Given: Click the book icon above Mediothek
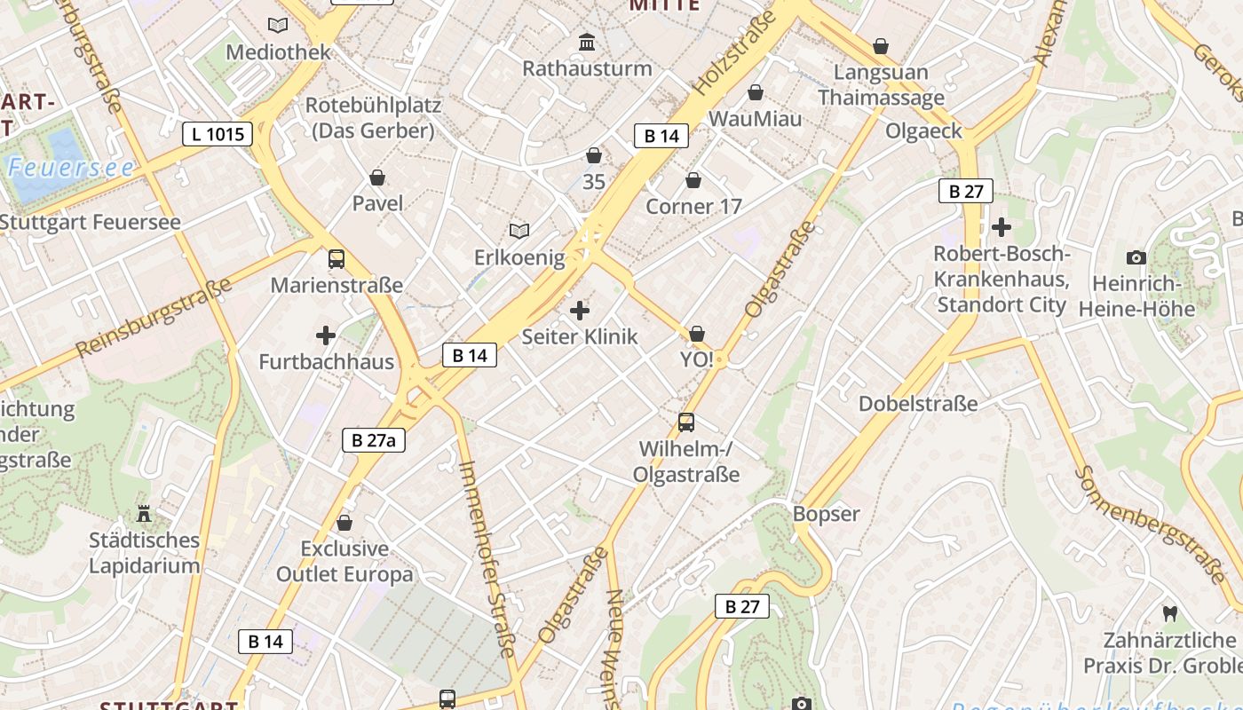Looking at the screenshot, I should (x=278, y=26).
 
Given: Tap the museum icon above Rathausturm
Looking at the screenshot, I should (x=587, y=42).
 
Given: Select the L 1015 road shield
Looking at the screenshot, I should (x=218, y=134).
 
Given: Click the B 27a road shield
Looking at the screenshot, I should (x=374, y=439).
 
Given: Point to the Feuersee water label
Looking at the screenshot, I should (x=71, y=168).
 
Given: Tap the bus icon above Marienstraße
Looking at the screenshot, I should (x=336, y=259).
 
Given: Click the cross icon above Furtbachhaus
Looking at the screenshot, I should (x=326, y=335).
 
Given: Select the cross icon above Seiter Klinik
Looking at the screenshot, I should (x=580, y=311).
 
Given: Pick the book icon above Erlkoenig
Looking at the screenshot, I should (x=519, y=232).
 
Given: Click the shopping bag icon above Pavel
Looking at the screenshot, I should (x=377, y=177).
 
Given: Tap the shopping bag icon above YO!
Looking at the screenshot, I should (x=697, y=334).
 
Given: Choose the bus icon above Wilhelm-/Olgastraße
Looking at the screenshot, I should (x=686, y=422).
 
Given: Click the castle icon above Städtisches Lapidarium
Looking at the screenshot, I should (x=144, y=513).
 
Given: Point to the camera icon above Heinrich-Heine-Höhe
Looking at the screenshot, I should (x=1136, y=258).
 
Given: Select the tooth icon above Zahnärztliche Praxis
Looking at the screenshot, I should (x=1169, y=613).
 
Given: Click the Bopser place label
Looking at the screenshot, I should (x=827, y=514).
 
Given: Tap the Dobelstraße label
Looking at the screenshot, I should (x=918, y=404).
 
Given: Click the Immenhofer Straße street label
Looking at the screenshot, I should (x=487, y=559).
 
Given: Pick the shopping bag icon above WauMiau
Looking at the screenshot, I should (x=756, y=92).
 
